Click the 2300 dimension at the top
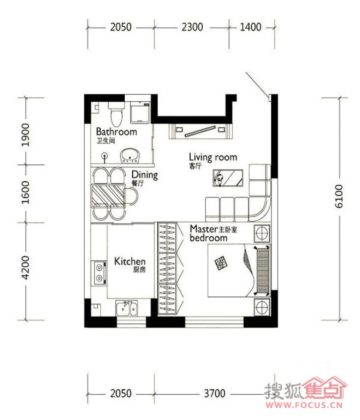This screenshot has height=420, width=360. [192, 27]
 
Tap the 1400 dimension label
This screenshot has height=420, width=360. [250, 27]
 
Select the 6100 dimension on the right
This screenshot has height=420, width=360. [339, 196]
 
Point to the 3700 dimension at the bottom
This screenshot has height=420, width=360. [214, 394]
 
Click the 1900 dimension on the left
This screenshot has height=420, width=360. [26, 135]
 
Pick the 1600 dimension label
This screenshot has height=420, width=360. [26, 192]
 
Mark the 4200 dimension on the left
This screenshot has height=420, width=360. [26, 268]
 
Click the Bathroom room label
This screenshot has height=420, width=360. [116, 132]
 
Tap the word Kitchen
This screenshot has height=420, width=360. [130, 261]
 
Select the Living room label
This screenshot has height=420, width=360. [213, 157]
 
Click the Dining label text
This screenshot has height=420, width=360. [145, 175]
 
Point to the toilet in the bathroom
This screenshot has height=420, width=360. [116, 114]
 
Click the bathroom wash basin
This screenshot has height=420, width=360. [130, 156]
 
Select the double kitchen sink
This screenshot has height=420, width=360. [127, 308]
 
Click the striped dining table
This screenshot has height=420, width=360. [108, 196]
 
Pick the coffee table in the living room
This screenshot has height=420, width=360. [228, 178]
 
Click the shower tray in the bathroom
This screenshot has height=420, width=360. [140, 112]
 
